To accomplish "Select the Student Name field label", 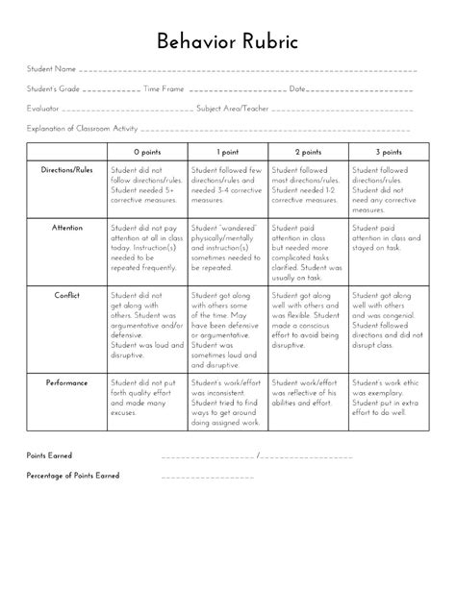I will click(x=51, y=70).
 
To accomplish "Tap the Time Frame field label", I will click(x=164, y=89).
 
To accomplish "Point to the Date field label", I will click(x=297, y=89).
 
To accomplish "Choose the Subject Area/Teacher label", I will click(x=233, y=109).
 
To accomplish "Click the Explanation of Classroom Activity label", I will click(x=83, y=128).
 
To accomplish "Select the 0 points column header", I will click(x=147, y=152).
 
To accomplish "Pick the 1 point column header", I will click(x=228, y=152).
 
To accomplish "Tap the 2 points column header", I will click(x=308, y=152).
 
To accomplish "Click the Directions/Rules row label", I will click(x=66, y=169).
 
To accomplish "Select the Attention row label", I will click(x=66, y=228).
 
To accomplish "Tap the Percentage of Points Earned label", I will click(x=73, y=476).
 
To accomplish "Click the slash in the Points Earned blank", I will click(x=258, y=455).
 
